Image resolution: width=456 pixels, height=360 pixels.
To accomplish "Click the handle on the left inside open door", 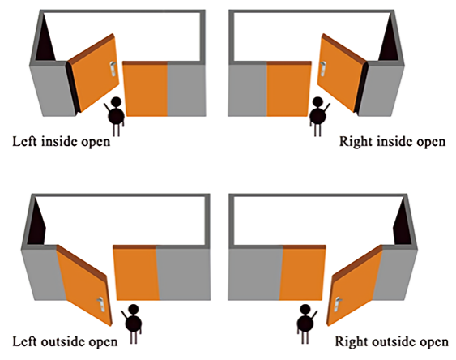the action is tap(113, 69).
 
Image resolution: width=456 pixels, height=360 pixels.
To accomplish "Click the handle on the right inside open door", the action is tap(322, 69).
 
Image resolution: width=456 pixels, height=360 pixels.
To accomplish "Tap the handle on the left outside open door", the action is tap(100, 305).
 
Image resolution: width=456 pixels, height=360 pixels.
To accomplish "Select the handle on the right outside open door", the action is tap(338, 304).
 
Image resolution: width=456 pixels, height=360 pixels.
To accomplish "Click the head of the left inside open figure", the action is tap(116, 101).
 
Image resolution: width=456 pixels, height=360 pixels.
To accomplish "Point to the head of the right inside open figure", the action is tap(317, 101).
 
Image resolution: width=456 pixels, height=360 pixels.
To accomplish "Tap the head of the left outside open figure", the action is tap(134, 309).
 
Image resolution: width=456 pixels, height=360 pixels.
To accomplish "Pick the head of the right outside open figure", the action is tap(305, 309).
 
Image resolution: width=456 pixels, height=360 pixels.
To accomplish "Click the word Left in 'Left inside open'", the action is tap(25, 141).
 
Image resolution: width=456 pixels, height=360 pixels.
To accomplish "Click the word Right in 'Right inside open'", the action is tap(356, 142).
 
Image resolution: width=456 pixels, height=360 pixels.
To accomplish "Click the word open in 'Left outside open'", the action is tap(103, 342).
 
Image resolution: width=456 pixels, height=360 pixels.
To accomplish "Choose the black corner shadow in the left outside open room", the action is tap(37, 224).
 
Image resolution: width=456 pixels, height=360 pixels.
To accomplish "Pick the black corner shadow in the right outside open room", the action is tap(403, 224).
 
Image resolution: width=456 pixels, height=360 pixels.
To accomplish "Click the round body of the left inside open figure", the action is tap(117, 116).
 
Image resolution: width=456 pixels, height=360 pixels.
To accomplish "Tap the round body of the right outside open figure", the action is tap(305, 324).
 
